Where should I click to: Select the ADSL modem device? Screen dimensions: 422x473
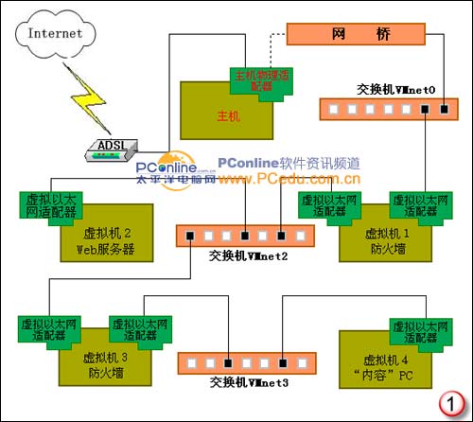(113, 146)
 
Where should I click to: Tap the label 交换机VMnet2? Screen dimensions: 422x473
(249, 255)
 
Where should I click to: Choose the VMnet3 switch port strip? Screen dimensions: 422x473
(240, 362)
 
